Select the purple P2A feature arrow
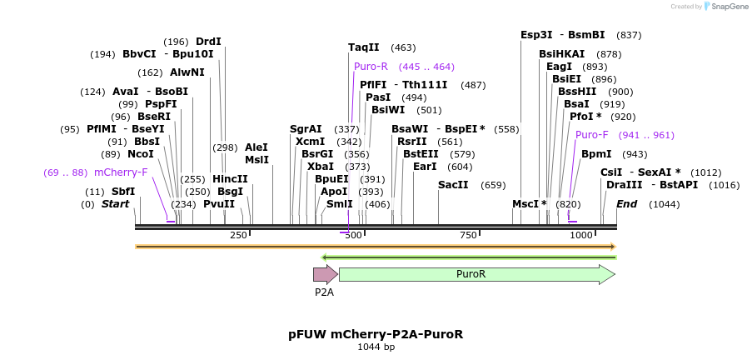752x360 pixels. [325, 274]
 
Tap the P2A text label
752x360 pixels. [324, 292]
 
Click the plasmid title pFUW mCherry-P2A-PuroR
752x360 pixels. [376, 334]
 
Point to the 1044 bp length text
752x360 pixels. [376, 347]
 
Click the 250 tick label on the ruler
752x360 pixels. [238, 236]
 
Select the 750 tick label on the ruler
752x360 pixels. [466, 236]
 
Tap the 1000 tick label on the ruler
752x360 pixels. [580, 236]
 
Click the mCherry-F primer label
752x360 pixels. [121, 172]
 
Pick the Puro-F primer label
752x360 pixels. [592, 135]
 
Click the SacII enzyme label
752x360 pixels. [453, 185]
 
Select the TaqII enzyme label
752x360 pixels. [363, 47]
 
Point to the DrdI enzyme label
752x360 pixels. [208, 42]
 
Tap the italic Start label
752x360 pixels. [115, 204]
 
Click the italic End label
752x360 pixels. [626, 204]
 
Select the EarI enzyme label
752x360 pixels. [425, 167]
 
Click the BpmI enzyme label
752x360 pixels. [596, 154]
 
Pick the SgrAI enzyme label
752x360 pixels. [306, 129]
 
